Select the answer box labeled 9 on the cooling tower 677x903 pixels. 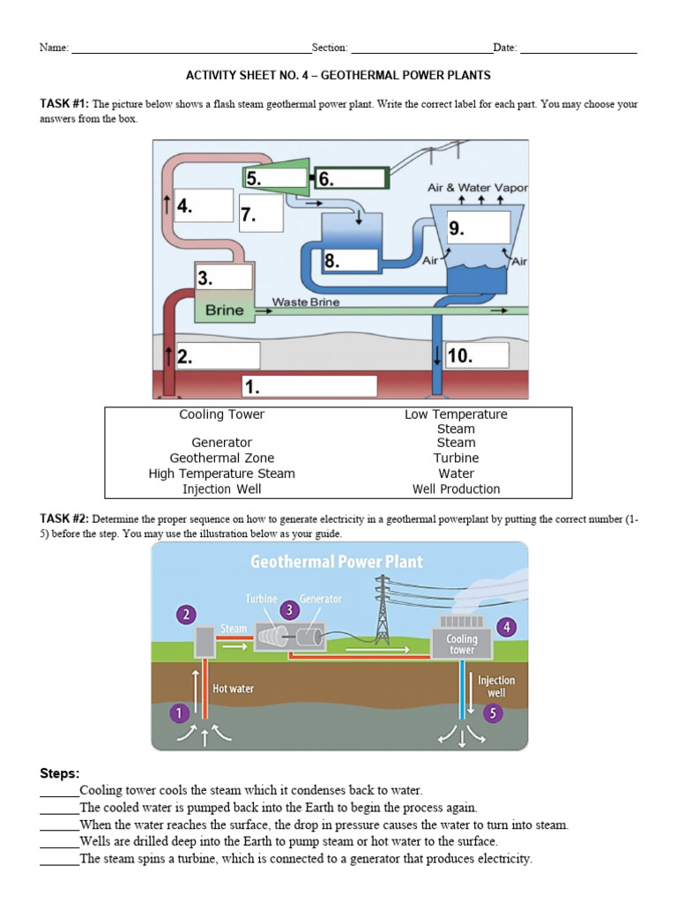[479, 228]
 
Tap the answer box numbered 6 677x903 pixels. [351, 179]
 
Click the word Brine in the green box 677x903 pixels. [224, 310]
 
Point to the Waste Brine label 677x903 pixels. [305, 302]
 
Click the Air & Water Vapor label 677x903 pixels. [477, 188]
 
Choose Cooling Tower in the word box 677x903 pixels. [221, 414]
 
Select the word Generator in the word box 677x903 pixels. [221, 443]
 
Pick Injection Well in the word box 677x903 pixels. [221, 489]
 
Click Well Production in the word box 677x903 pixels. [456, 489]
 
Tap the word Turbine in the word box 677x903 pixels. [456, 459]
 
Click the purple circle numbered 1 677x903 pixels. [179, 713]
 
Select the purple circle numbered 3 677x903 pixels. [289, 609]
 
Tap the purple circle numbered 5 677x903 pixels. [493, 713]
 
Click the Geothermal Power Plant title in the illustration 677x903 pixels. [337, 562]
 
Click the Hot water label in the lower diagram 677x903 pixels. [234, 688]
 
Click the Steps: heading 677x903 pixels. [60, 773]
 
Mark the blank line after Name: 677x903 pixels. [190, 49]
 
